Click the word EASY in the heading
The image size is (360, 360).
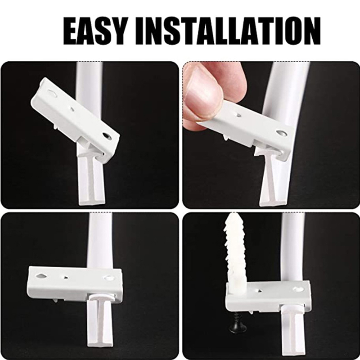95,31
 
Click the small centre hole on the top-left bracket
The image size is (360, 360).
72,109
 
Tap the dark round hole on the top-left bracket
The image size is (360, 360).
107,136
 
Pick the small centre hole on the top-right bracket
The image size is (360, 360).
238,115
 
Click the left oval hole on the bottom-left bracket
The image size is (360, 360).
41,276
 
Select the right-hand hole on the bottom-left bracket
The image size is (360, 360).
108,278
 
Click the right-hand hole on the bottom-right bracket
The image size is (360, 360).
298,289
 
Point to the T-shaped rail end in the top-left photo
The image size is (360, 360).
92,179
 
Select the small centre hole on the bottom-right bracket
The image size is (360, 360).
260,291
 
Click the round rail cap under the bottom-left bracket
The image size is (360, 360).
100,299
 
